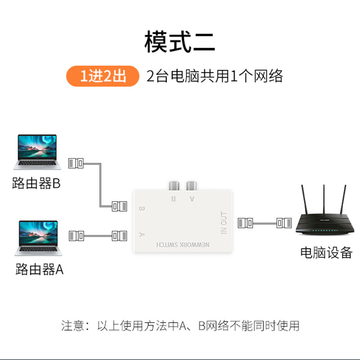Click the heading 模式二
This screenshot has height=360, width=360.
pos(180,41)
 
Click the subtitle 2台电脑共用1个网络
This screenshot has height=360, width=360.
pos(215,76)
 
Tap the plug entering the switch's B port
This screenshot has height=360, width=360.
pos(119,207)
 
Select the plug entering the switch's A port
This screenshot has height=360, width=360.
pos(119,235)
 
